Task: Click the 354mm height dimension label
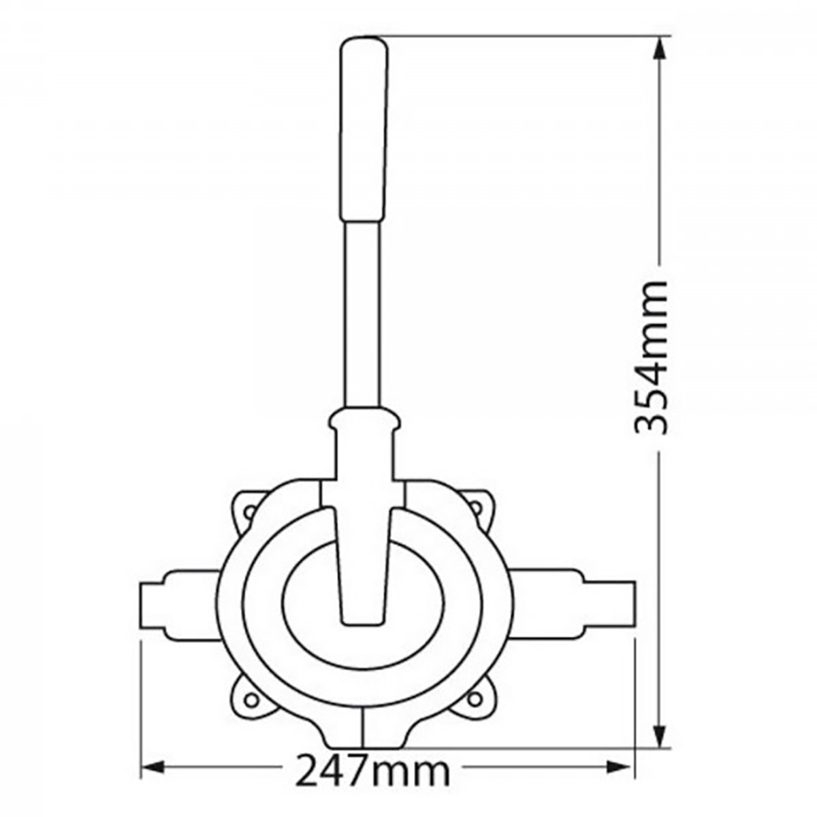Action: [650, 357]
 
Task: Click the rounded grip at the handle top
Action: [364, 129]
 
